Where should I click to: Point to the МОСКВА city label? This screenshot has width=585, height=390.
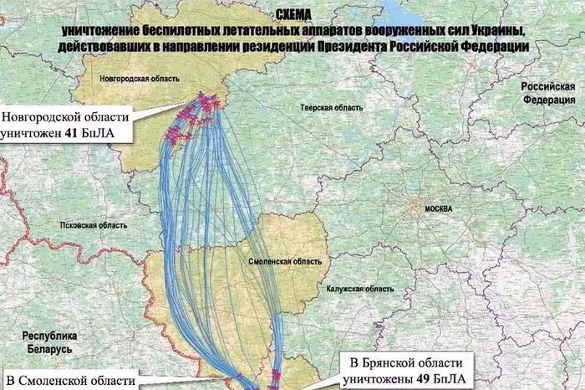click(438, 208)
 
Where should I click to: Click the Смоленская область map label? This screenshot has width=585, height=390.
click(281, 262)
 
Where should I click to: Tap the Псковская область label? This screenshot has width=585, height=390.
click(94, 225)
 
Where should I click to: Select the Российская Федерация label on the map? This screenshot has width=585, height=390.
click(547, 94)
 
